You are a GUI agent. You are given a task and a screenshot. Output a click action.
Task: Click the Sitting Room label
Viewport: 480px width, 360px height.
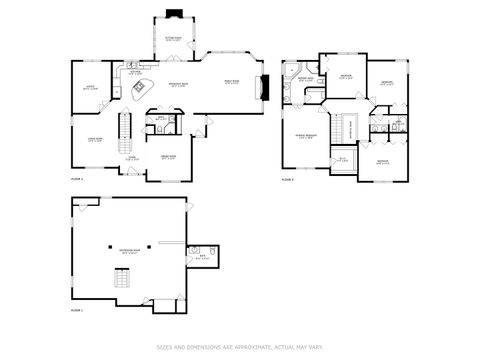[x=173, y=38]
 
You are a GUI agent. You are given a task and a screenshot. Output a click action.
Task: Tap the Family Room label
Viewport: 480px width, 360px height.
[x=231, y=83]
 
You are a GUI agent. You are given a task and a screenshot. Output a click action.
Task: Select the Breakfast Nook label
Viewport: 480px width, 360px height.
[x=178, y=85]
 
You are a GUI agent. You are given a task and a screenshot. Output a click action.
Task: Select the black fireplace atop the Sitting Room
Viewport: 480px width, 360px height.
[x=173, y=15]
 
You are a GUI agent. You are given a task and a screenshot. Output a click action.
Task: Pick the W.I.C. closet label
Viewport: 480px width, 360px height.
[x=342, y=159]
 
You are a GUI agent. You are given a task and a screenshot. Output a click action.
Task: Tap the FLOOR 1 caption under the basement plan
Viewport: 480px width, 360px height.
[x=77, y=312]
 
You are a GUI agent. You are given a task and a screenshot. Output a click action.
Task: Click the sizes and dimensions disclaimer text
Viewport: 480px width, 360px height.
[x=239, y=347]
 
